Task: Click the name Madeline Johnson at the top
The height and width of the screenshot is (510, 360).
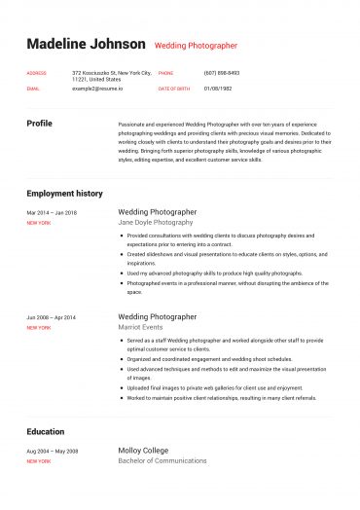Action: (x=86, y=44)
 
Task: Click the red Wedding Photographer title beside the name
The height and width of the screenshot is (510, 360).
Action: (x=196, y=46)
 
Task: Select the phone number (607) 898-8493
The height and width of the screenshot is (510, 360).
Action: (x=221, y=73)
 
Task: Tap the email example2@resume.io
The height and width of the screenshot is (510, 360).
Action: (x=97, y=88)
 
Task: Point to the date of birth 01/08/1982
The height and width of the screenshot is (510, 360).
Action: (x=218, y=88)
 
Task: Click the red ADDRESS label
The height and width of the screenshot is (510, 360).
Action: (x=36, y=73)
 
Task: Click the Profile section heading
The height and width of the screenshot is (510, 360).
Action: (x=40, y=124)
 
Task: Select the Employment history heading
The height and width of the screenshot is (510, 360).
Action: (x=64, y=193)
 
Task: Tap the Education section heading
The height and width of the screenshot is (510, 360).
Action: (x=45, y=431)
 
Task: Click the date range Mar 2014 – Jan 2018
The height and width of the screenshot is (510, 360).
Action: (x=52, y=212)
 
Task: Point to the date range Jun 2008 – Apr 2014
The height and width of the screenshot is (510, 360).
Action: (x=52, y=317)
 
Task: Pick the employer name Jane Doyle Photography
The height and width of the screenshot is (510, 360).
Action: (x=156, y=222)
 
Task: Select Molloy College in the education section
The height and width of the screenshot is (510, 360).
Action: (x=143, y=451)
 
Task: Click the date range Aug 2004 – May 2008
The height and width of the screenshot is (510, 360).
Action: (x=52, y=452)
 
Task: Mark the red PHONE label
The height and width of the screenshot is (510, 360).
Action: (x=165, y=73)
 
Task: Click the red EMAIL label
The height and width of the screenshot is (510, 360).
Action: (x=33, y=88)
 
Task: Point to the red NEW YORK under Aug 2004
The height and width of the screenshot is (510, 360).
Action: (x=39, y=461)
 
